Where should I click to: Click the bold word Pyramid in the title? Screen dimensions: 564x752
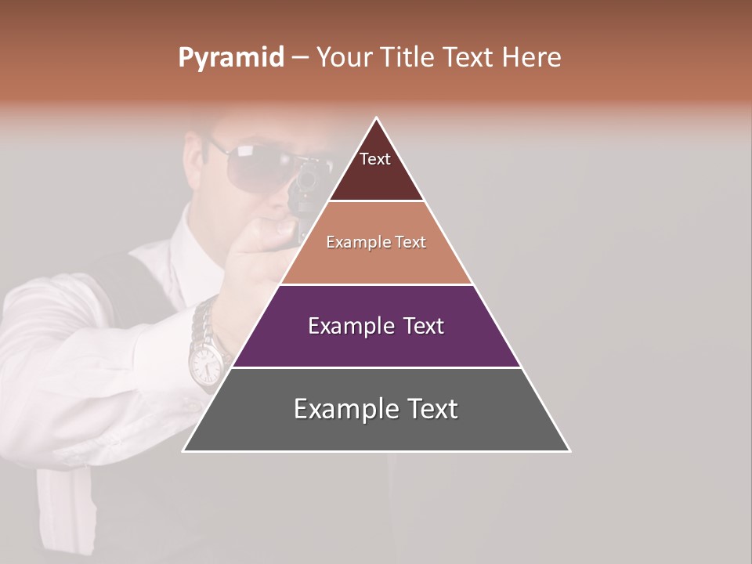point(230,58)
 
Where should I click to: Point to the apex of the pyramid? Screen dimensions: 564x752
point(377,118)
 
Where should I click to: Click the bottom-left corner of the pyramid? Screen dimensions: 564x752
point(184,450)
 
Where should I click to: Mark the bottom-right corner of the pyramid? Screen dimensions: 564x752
point(569,450)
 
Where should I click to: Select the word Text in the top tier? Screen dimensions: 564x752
point(375,159)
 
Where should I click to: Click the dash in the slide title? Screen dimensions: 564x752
point(300,58)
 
